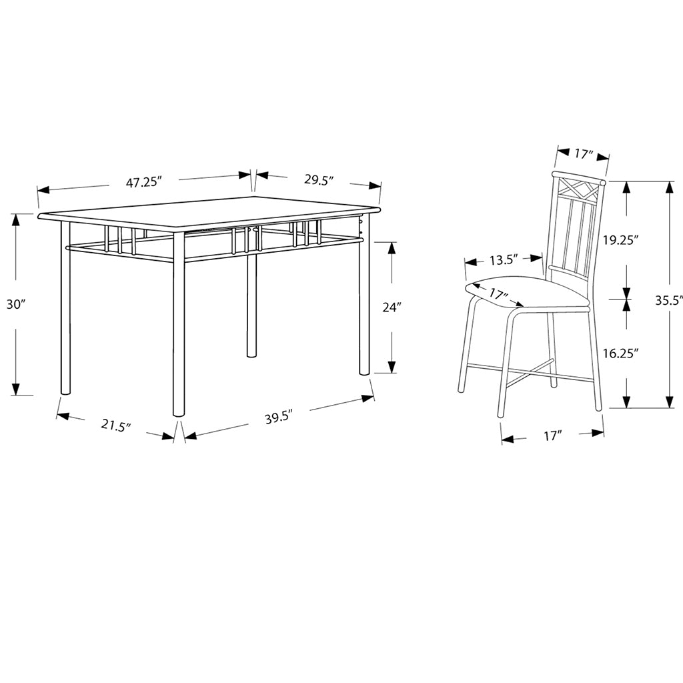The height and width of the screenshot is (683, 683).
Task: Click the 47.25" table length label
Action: point(144,182)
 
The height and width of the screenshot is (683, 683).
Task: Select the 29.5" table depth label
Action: point(319,180)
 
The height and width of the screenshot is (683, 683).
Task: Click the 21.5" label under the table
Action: point(116,425)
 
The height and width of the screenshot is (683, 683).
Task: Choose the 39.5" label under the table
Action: point(278,418)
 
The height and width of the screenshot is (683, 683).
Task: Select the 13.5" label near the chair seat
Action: point(503,261)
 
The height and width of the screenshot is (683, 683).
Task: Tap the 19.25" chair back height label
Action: point(621,239)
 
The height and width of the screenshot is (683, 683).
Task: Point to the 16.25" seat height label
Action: point(621,353)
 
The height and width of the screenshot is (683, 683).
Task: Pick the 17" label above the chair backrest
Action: point(584,154)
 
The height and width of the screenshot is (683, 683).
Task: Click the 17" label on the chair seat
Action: point(499,294)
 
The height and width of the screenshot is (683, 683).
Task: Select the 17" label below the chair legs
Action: point(553,435)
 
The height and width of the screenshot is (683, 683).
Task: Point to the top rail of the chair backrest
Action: point(578,179)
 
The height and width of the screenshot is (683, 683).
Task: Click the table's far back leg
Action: point(251,305)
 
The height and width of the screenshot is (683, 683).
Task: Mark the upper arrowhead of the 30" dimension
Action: point(16,220)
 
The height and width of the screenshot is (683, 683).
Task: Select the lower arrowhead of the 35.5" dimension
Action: point(669,402)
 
